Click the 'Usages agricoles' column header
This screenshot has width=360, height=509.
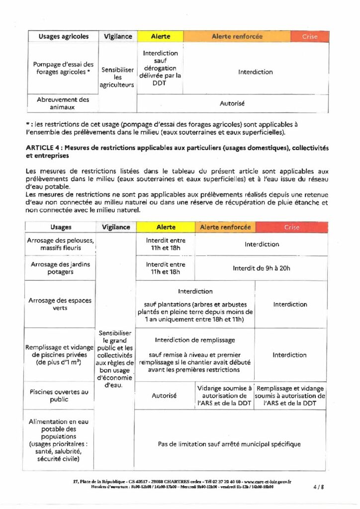(64, 36)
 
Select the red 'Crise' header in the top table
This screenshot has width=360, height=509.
(310, 36)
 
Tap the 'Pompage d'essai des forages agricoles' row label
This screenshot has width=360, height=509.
(64, 68)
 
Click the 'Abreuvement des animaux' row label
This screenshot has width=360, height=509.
(63, 103)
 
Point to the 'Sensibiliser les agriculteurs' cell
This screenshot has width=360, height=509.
(117, 78)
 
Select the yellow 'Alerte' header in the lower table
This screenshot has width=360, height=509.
(166, 227)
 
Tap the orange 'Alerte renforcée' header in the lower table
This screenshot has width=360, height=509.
(225, 227)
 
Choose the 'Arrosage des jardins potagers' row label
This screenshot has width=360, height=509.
(60, 268)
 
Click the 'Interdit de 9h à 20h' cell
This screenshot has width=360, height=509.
(262, 268)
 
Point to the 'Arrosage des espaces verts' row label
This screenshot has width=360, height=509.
(60, 304)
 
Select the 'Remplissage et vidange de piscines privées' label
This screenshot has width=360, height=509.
(61, 354)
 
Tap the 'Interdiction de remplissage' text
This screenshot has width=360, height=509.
(195, 340)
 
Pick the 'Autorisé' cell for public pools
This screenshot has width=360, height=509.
(164, 396)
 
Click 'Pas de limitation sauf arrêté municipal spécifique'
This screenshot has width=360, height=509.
(229, 444)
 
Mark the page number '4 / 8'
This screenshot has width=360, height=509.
(319, 487)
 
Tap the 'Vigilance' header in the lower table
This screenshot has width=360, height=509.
(116, 227)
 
